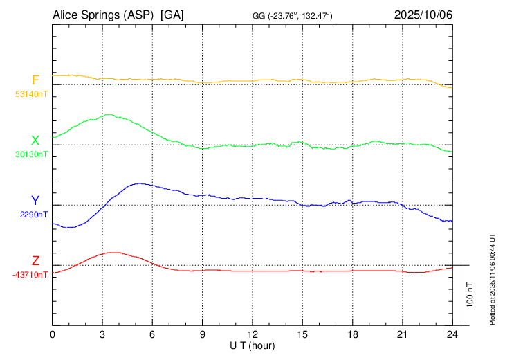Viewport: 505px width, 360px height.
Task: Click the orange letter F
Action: pos(35,80)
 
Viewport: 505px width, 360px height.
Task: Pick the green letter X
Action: pos(35,141)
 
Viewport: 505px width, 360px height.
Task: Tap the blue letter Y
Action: pos(35,201)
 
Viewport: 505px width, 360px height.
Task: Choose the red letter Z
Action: pos(35,261)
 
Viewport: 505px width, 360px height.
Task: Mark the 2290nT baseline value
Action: pos(34,215)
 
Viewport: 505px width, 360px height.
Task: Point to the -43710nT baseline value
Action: pos(30,275)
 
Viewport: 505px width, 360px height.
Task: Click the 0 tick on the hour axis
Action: pos(53,335)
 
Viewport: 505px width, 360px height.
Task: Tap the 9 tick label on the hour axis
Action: pos(203,335)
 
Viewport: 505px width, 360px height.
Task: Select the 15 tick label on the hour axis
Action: pos(302,335)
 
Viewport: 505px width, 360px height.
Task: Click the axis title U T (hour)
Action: pos(252,345)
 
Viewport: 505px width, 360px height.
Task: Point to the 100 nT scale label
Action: pos(470,295)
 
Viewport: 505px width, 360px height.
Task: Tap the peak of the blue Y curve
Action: pos(140,183)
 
